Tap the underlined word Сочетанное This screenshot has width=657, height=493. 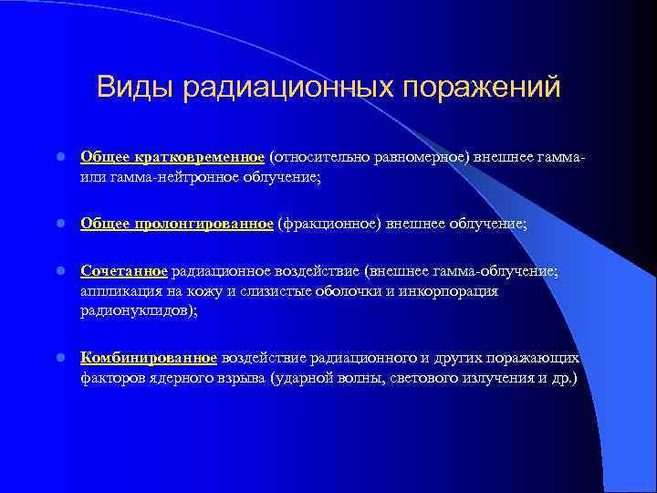pyautogui.click(x=123, y=271)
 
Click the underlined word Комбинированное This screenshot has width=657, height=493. pyautogui.click(x=149, y=358)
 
